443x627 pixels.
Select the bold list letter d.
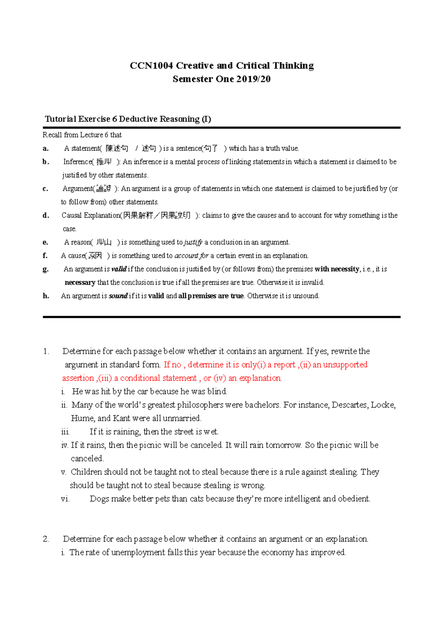(46, 216)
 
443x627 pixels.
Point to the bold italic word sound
(118, 296)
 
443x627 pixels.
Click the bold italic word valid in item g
(119, 269)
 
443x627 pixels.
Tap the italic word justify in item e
(193, 243)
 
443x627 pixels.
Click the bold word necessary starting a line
(80, 282)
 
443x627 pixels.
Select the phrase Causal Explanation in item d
(91, 216)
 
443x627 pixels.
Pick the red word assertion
(78, 378)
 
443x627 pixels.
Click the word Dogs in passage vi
(99, 499)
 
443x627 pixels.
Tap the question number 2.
(46, 539)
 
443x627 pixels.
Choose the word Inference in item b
(78, 162)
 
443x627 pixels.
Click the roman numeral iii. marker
(65, 432)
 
